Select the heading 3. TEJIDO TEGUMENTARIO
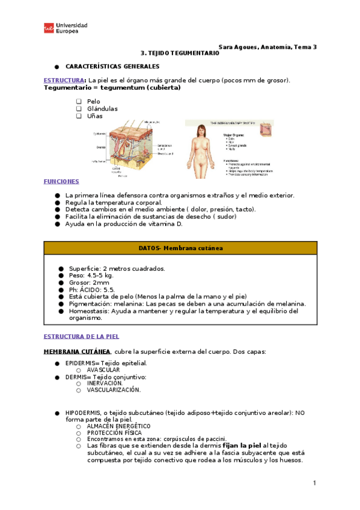point(180,53)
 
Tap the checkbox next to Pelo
point(79,102)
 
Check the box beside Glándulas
point(79,109)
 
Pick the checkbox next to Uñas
point(79,116)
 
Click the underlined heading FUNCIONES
point(61,181)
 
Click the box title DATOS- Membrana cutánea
point(180,248)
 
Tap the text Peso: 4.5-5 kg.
point(91,275)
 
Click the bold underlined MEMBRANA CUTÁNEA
point(76,351)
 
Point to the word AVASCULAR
point(103,370)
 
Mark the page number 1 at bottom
point(314,483)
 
